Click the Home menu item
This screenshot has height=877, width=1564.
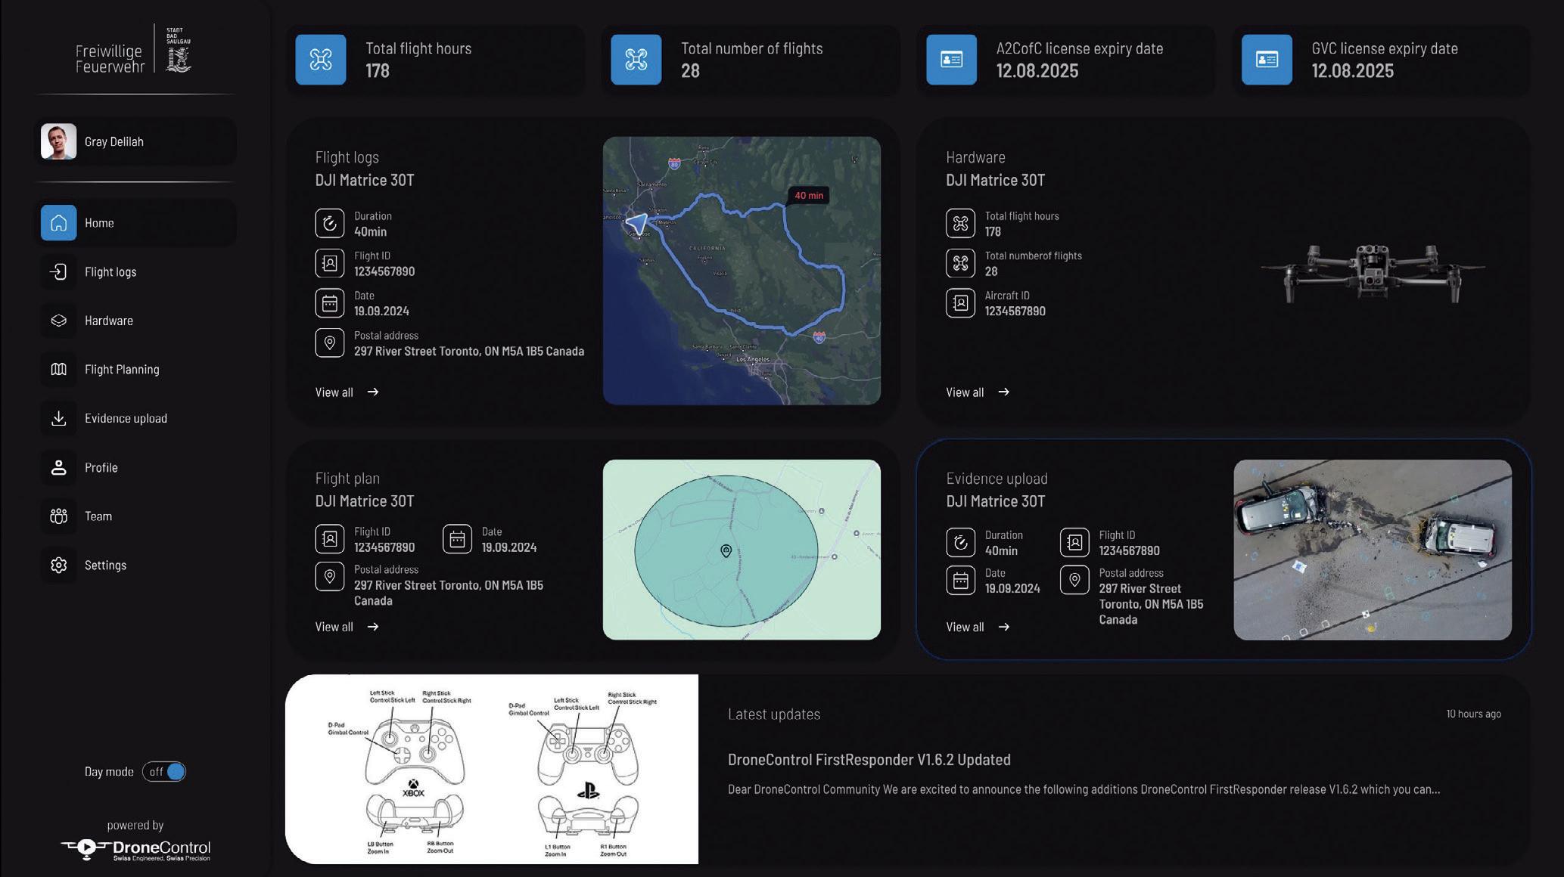pyautogui.click(x=99, y=223)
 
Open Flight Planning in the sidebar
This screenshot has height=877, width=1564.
pyautogui.click(x=121, y=370)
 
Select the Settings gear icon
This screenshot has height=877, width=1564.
pyautogui.click(x=59, y=566)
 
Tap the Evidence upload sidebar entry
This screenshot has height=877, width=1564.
pyautogui.click(x=126, y=419)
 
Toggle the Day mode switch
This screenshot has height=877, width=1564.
pyautogui.click(x=164, y=772)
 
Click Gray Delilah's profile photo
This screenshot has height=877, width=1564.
pyautogui.click(x=58, y=142)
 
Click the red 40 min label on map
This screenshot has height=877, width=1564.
pyautogui.click(x=808, y=196)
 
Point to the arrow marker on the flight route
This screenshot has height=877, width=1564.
pyautogui.click(x=637, y=223)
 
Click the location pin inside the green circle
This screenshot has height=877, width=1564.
pyautogui.click(x=726, y=551)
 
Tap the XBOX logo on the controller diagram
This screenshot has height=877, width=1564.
pyautogui.click(x=413, y=789)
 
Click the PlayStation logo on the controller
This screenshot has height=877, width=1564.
pyautogui.click(x=588, y=791)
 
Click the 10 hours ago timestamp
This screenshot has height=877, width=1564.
pyautogui.click(x=1472, y=714)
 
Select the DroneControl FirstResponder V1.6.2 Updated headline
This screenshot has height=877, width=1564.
pyautogui.click(x=869, y=760)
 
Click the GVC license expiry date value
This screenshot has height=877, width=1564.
pyautogui.click(x=1352, y=71)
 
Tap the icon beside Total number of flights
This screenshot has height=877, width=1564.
pyautogui.click(x=636, y=60)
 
